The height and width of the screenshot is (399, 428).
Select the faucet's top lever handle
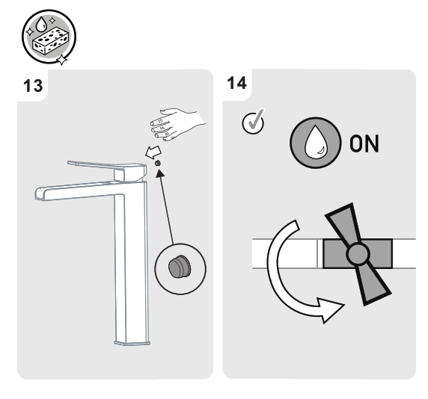pos(97,164)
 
